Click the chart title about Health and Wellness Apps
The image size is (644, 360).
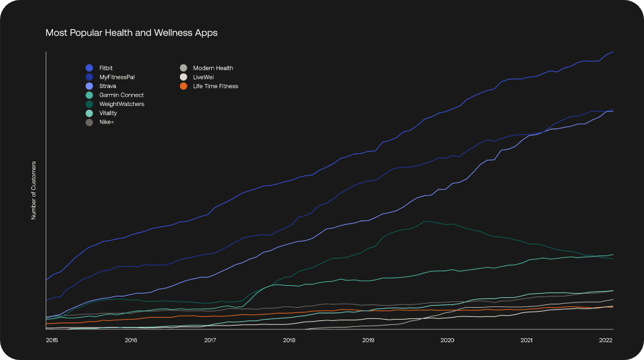point(131,32)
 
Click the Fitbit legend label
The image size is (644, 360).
point(106,68)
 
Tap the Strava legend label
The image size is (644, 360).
point(107,86)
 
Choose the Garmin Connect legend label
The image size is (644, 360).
point(121,95)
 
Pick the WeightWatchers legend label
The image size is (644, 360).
point(122,104)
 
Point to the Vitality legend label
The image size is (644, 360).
point(108,113)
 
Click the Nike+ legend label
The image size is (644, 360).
point(107,122)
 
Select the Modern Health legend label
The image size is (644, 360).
point(213,68)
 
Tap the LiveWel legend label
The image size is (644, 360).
point(204,77)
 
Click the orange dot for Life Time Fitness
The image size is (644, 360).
point(183,86)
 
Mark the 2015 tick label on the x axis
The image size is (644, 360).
point(52,341)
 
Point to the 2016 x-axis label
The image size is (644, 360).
point(130,341)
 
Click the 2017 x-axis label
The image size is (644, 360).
point(210,341)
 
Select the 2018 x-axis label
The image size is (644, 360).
point(289,341)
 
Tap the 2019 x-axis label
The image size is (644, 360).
point(368,341)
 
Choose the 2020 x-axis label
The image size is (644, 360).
point(447,341)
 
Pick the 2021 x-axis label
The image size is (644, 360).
point(526,341)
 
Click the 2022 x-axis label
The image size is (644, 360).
point(606,341)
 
